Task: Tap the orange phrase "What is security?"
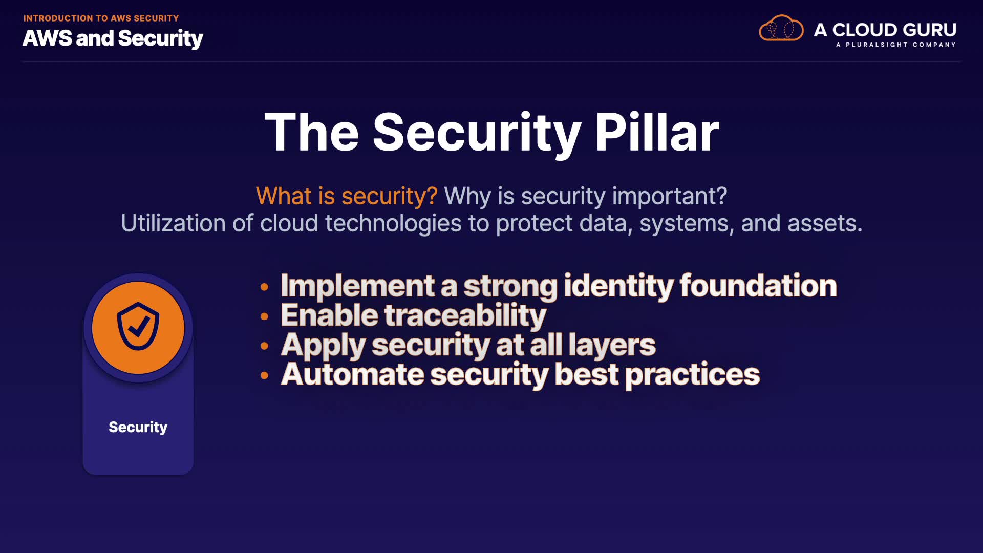point(347,196)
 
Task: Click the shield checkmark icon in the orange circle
point(138,326)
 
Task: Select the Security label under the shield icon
point(138,427)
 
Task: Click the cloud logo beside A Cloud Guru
point(781,28)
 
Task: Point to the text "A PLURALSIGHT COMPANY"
point(896,45)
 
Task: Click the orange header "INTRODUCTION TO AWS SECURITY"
point(101,18)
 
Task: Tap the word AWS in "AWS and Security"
point(47,38)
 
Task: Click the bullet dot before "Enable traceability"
point(264,316)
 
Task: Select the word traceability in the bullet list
point(465,315)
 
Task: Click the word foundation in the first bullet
point(758,286)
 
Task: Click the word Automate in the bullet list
point(353,374)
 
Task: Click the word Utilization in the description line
point(174,223)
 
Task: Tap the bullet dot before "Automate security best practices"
point(264,376)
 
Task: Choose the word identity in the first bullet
point(618,286)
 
